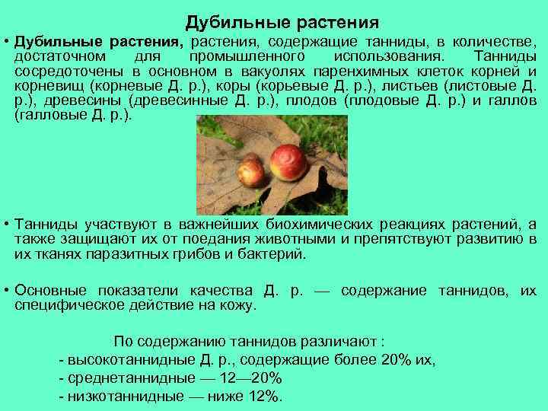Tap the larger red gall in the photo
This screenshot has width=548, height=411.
point(290,161)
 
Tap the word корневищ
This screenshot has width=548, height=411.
point(48,87)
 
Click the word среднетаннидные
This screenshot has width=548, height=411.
point(116,378)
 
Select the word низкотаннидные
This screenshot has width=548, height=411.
point(112,397)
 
